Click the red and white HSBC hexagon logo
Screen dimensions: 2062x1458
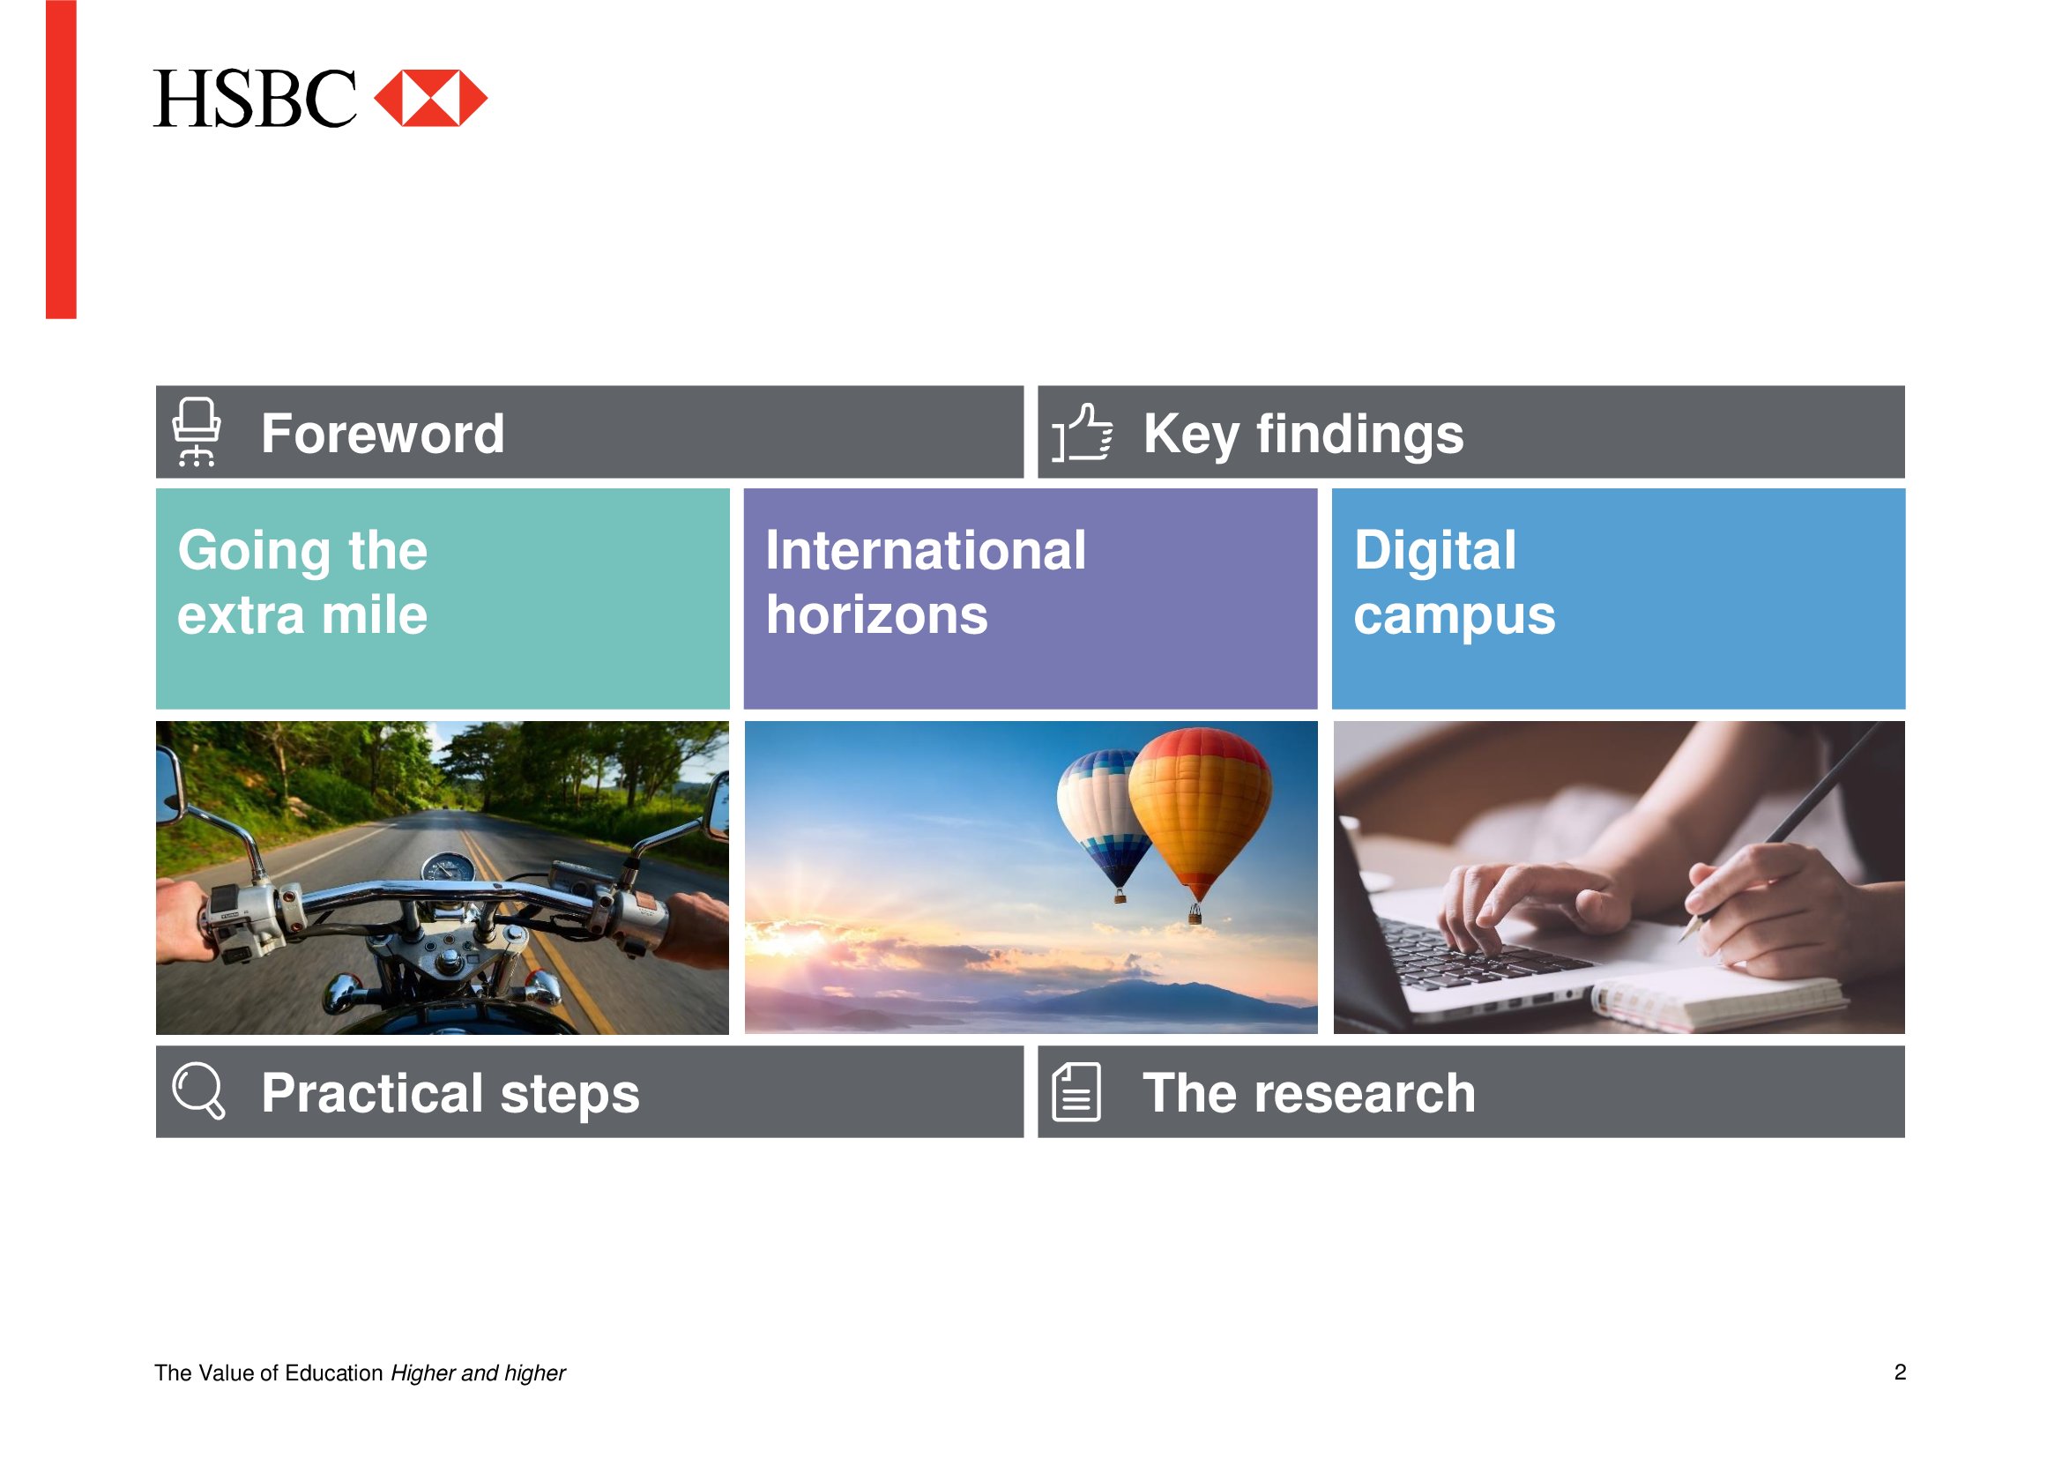[430, 98]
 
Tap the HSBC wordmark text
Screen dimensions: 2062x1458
[255, 99]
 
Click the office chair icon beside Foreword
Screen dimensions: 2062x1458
[196, 432]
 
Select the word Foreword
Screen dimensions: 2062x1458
[383, 434]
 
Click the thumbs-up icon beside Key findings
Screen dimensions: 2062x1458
[1083, 432]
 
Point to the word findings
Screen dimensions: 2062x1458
[1359, 435]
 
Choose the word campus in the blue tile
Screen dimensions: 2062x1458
[1454, 618]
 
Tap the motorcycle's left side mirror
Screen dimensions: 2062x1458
[169, 787]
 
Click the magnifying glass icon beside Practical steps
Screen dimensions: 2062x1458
[198, 1090]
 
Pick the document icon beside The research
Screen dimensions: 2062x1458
[1076, 1091]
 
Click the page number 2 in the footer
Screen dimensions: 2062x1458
[1901, 1372]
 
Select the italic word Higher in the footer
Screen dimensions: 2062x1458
[423, 1373]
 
